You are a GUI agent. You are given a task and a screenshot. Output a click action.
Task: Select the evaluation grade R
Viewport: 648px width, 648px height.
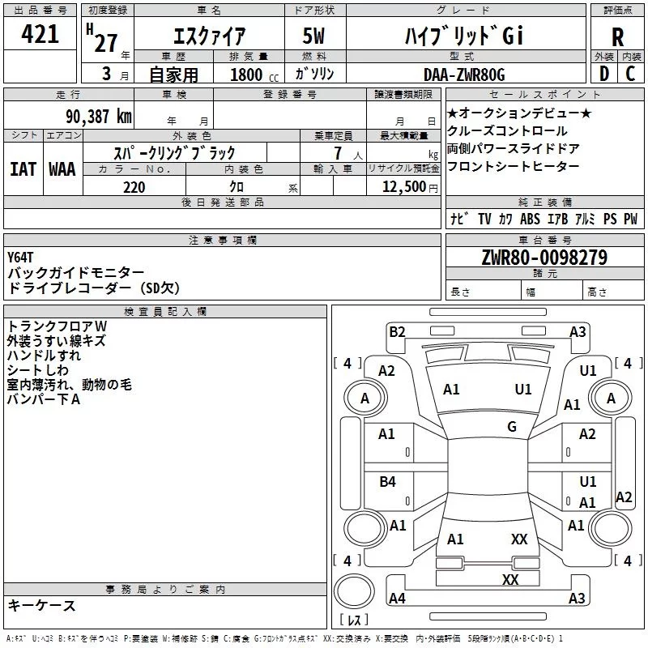(617, 37)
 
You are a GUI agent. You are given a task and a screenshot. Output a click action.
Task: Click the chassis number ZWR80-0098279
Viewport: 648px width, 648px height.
(544, 258)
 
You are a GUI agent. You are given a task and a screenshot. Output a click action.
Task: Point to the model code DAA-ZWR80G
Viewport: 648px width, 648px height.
(464, 75)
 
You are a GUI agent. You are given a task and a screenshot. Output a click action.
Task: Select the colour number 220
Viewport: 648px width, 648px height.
(134, 187)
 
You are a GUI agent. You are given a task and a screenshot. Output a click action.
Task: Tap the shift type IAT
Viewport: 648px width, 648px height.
(23, 168)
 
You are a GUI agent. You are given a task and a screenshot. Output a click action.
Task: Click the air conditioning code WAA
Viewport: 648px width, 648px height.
(62, 168)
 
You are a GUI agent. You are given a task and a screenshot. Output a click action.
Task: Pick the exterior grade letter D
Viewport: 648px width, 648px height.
(603, 75)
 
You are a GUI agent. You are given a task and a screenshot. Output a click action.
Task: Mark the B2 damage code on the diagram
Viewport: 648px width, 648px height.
(397, 331)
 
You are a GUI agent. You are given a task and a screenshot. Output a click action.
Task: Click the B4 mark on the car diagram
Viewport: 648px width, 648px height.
(387, 482)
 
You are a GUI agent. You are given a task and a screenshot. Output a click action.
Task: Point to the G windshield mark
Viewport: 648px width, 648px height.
(512, 427)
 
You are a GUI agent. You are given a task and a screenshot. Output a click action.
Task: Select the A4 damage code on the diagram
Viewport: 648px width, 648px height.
(397, 599)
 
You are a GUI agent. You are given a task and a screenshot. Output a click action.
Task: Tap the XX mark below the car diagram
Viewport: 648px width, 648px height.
(510, 579)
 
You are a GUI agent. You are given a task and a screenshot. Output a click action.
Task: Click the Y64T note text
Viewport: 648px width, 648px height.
(21, 258)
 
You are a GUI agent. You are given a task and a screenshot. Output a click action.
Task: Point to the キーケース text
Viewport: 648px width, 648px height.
(42, 606)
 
